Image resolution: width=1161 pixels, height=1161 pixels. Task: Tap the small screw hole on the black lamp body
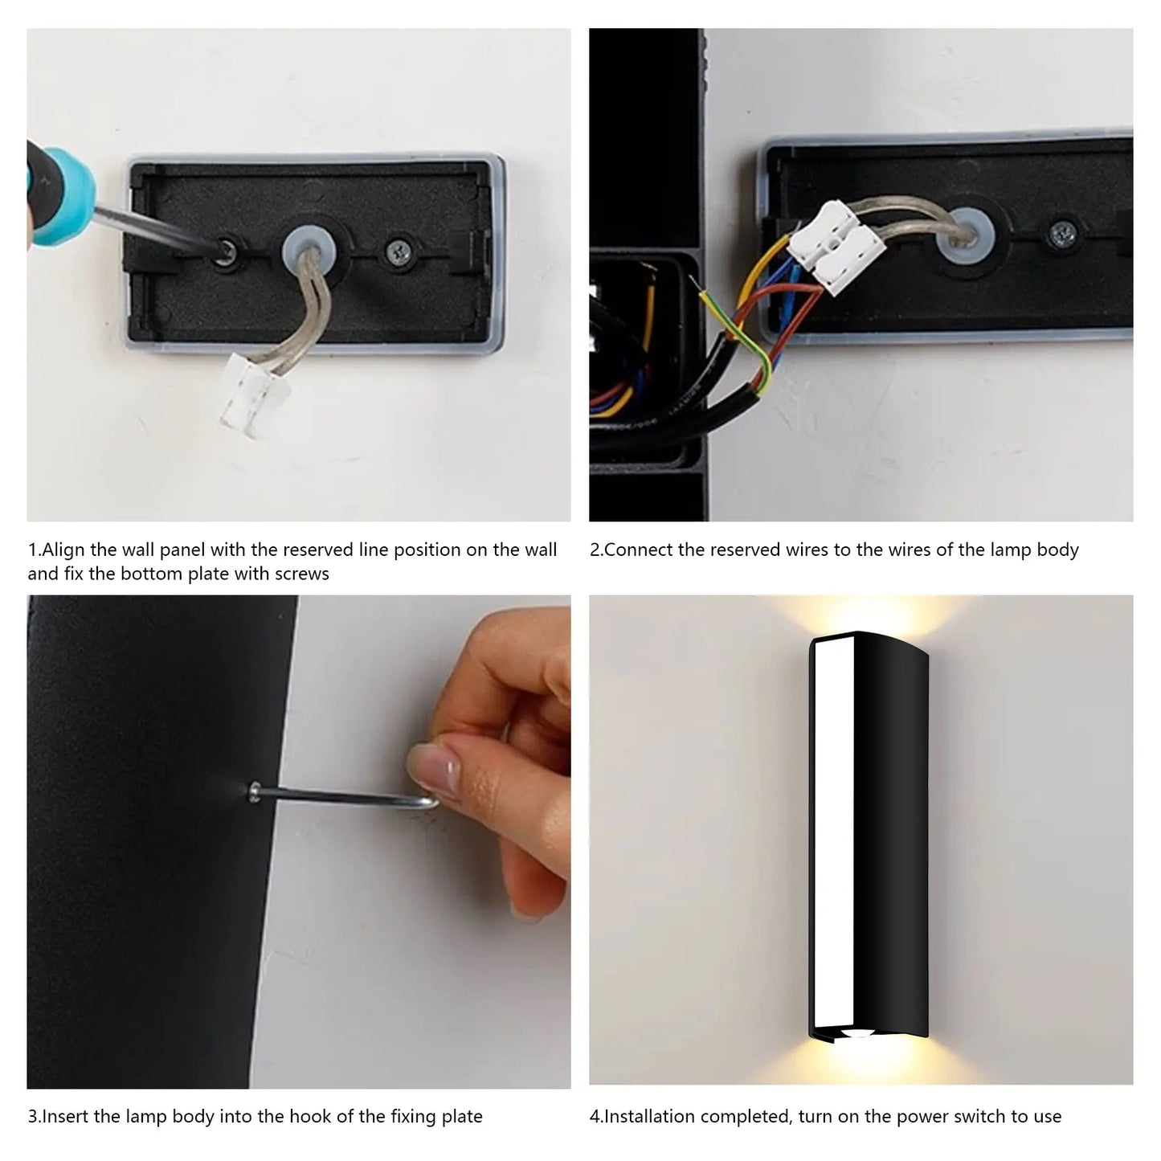click(255, 792)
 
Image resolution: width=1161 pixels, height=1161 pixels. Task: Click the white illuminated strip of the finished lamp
click(832, 836)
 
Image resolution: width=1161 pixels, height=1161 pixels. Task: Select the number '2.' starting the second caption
click(595, 550)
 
